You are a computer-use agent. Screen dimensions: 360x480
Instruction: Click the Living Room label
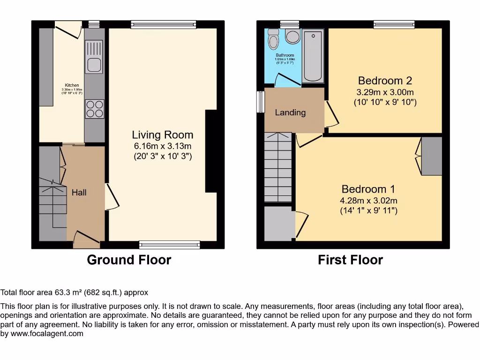point(162,135)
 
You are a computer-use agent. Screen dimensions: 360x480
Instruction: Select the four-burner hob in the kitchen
point(94,109)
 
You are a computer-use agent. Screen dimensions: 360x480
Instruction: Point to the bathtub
point(313,56)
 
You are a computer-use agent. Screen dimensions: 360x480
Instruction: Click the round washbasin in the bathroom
point(293,37)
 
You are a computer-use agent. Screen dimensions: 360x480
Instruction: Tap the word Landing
point(290,112)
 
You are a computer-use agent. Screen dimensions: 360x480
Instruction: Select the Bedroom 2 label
point(385,80)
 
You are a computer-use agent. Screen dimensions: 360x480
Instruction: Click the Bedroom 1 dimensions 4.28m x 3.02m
point(368,201)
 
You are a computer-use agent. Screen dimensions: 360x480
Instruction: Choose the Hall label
point(79,192)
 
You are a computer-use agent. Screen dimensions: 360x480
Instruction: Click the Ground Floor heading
point(129,260)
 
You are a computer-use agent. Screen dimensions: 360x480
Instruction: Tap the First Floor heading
point(350,260)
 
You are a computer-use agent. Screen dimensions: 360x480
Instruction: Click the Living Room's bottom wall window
point(170,244)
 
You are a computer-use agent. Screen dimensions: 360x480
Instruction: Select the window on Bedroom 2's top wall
point(394,24)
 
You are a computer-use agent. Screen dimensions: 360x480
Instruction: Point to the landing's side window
point(260,102)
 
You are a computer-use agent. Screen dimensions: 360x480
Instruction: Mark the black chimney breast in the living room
point(211,151)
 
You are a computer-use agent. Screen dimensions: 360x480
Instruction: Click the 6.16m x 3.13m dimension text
point(162,146)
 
